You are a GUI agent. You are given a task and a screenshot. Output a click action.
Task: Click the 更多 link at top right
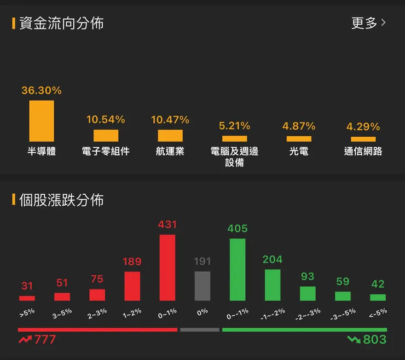pyautogui.click(x=368, y=23)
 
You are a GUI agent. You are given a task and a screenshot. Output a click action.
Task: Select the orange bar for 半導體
pyautogui.click(x=42, y=121)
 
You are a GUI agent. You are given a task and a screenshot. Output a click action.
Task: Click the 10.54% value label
pyautogui.click(x=106, y=119)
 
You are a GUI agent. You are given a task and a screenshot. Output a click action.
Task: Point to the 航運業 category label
pyautogui.click(x=170, y=152)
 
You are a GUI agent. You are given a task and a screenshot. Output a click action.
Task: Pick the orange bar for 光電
pyautogui.click(x=299, y=139)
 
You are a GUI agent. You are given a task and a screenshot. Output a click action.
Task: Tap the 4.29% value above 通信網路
pyautogui.click(x=363, y=126)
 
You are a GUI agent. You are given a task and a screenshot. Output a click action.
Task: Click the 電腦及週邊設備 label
pyautogui.click(x=234, y=157)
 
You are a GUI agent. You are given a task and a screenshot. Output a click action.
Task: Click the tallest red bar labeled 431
pyautogui.click(x=167, y=268)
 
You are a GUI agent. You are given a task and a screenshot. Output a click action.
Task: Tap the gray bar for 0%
pyautogui.click(x=202, y=286)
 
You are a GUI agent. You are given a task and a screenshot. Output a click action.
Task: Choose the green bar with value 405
pyautogui.click(x=238, y=269)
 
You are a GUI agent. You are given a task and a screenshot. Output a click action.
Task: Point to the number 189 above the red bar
pyautogui.click(x=132, y=262)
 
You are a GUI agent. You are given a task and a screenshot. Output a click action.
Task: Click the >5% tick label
pyautogui.click(x=26, y=313)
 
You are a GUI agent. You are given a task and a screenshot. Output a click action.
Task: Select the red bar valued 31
pyautogui.click(x=27, y=298)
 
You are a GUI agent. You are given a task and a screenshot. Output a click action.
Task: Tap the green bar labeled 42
pyautogui.click(x=378, y=297)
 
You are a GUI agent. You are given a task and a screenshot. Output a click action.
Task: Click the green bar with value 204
pyautogui.click(x=273, y=284)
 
